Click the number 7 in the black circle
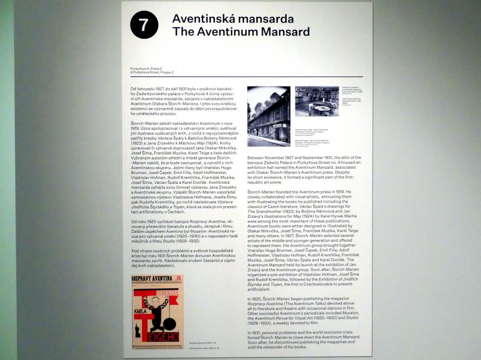click(144, 25)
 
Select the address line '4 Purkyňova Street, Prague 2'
click(151, 72)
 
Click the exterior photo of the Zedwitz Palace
click(268, 116)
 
